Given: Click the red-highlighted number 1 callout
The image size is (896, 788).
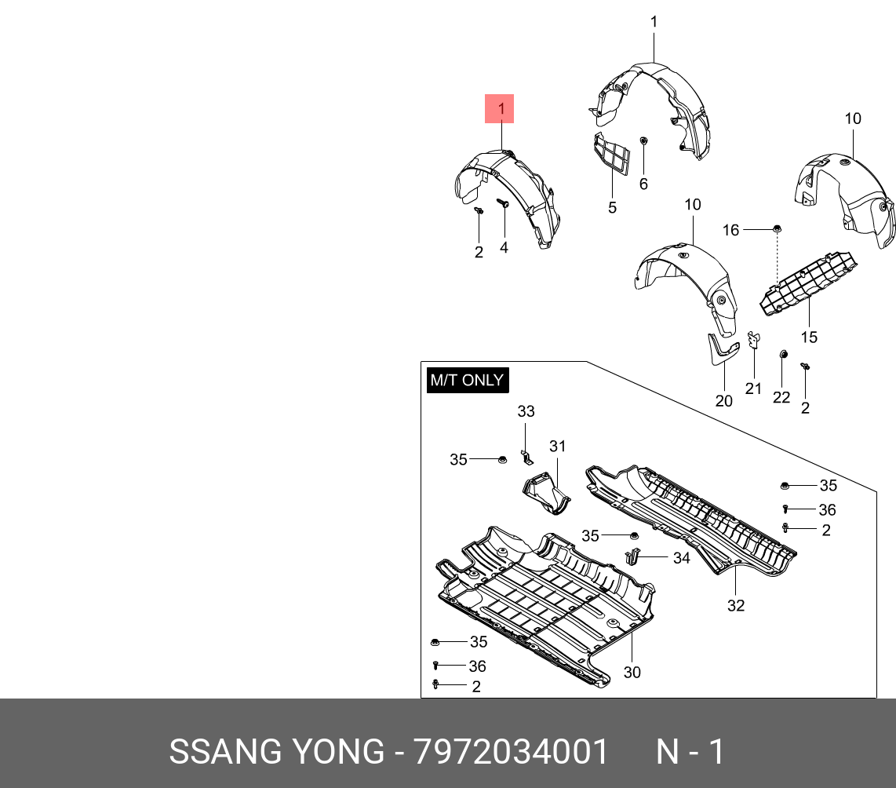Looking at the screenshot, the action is click(500, 109).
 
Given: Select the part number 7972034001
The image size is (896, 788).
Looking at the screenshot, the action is click(511, 752).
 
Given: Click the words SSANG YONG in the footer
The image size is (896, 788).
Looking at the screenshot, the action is click(276, 752).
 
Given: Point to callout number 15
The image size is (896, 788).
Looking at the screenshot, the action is click(809, 337).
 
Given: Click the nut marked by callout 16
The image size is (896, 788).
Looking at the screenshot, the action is click(777, 228).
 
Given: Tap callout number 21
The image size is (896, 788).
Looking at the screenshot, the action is click(753, 389).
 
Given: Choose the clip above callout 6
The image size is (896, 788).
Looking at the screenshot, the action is click(643, 141).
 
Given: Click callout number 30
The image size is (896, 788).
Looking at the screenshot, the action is click(632, 672).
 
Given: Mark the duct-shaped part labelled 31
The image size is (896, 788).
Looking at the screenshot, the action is click(546, 494).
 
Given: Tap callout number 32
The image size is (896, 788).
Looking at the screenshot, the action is click(735, 605).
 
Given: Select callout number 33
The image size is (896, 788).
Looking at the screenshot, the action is click(526, 411).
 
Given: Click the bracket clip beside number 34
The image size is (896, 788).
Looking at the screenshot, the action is click(633, 557).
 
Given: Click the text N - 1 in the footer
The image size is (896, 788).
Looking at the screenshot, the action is click(690, 752).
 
